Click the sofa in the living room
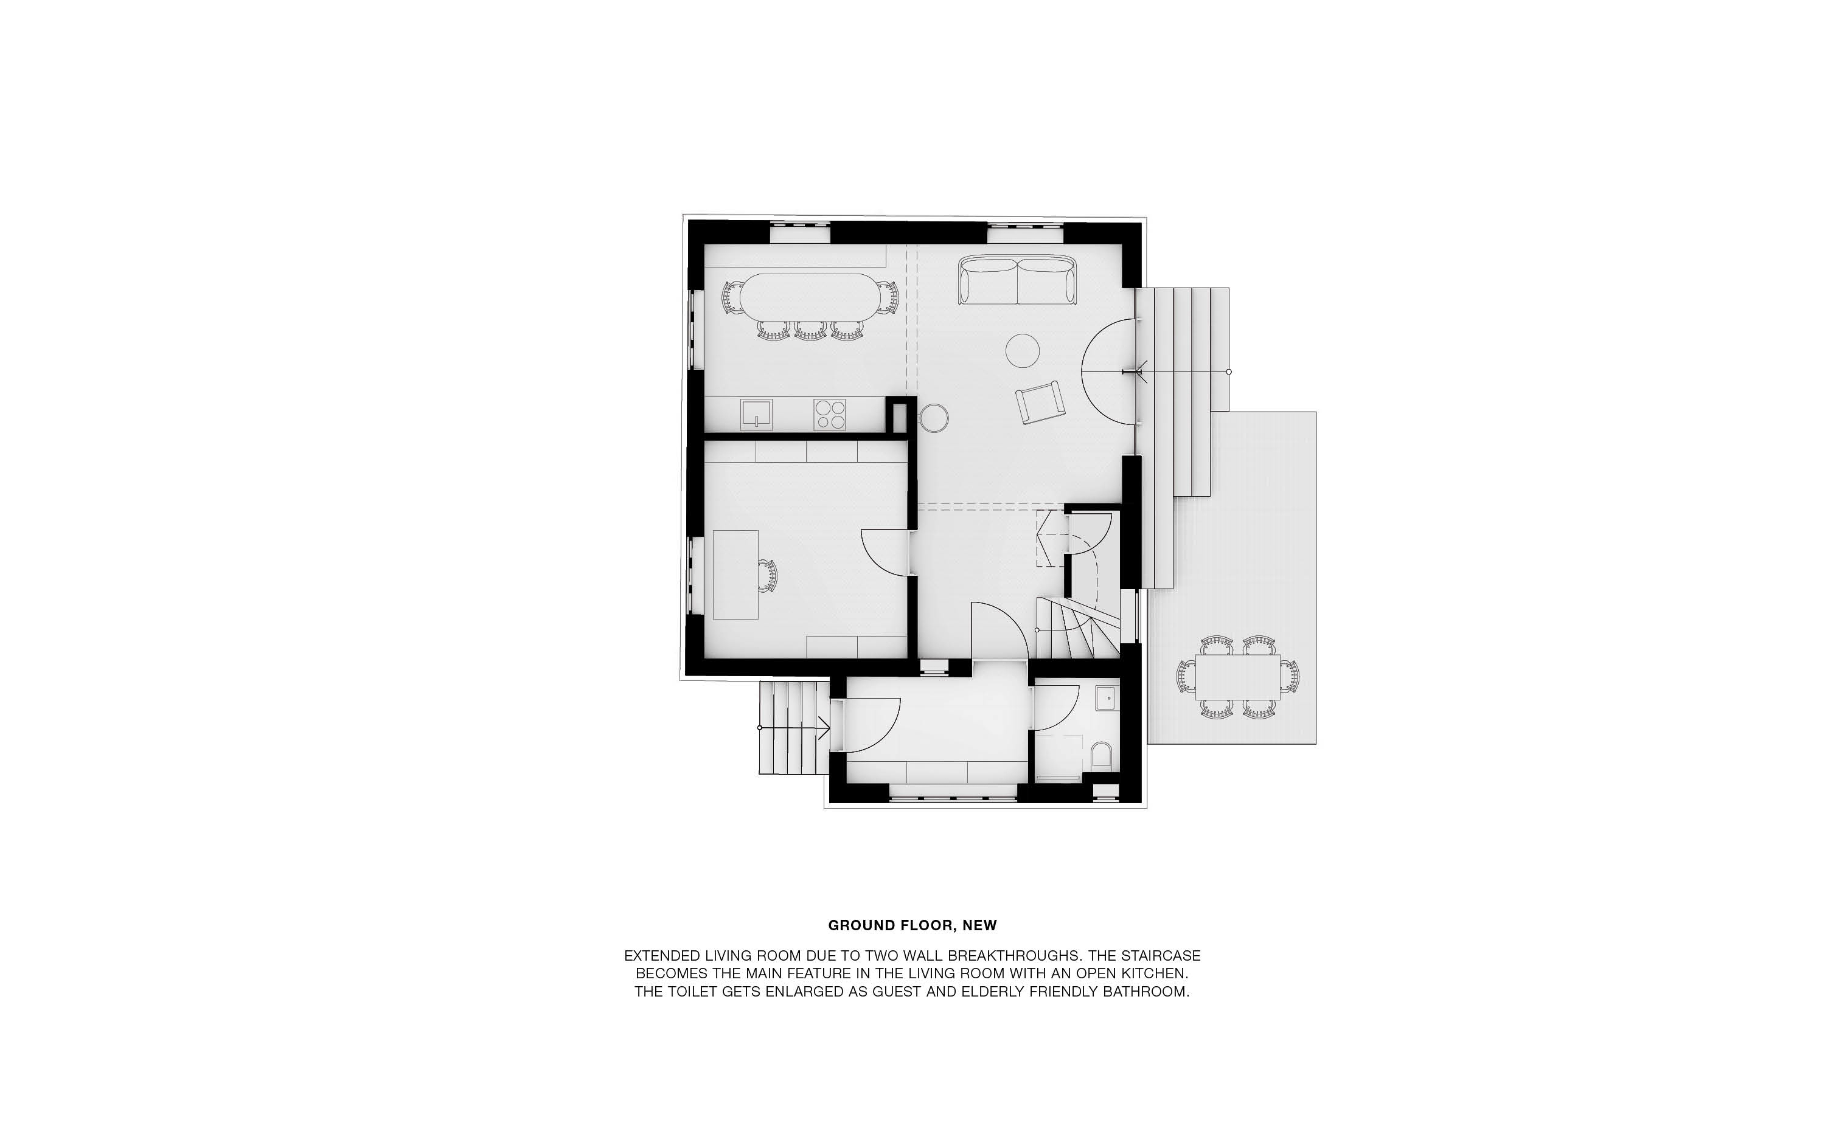pyautogui.click(x=1017, y=280)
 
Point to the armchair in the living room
pyautogui.click(x=1040, y=402)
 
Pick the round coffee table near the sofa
pyautogui.click(x=1023, y=351)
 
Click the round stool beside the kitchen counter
pyautogui.click(x=934, y=418)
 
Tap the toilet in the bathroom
pyautogui.click(x=1102, y=756)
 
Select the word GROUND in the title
pyautogui.click(x=857, y=925)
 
